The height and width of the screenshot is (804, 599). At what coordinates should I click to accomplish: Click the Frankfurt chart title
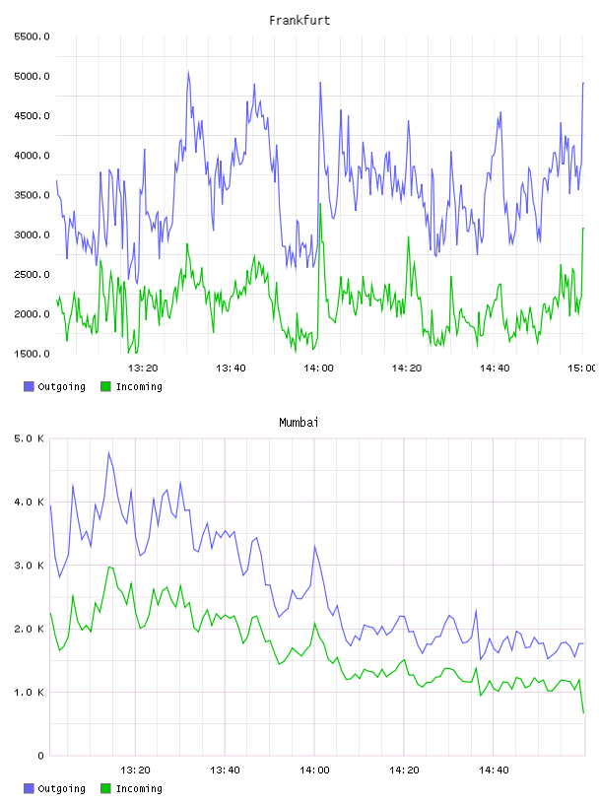[x=299, y=20]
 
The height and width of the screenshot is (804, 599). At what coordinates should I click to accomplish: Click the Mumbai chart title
[x=299, y=422]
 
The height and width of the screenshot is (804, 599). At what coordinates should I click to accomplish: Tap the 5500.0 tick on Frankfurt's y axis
[x=32, y=36]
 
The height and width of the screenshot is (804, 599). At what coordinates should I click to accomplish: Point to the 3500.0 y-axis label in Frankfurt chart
[x=32, y=195]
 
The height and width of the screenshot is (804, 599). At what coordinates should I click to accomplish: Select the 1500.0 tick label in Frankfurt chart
[x=32, y=354]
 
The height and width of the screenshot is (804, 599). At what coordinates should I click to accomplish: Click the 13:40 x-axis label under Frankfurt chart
[x=231, y=368]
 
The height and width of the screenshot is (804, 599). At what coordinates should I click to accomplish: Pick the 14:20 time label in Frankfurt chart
[x=407, y=368]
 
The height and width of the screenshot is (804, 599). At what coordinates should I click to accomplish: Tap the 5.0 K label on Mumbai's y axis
[x=29, y=438]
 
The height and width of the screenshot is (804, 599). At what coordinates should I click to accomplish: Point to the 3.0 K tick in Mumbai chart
[x=29, y=565]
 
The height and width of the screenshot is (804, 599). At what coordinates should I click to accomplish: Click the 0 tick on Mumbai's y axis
[x=40, y=756]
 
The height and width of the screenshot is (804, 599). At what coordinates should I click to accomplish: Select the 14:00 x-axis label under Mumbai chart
[x=314, y=770]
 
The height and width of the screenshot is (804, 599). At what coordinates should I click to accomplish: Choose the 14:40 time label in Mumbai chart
[x=494, y=770]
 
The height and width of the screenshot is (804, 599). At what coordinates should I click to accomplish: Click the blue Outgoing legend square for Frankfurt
[x=29, y=386]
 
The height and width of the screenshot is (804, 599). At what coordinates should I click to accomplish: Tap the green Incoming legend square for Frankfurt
[x=105, y=386]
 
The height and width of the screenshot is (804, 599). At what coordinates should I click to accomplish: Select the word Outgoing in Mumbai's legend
[x=61, y=788]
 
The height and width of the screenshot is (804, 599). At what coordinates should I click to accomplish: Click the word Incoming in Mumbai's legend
[x=139, y=788]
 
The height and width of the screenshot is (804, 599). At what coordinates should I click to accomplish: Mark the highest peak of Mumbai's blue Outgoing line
[x=108, y=452]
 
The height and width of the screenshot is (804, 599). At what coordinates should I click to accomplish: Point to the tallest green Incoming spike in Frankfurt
[x=320, y=204]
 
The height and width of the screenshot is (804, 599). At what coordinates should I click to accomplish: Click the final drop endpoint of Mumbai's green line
[x=583, y=712]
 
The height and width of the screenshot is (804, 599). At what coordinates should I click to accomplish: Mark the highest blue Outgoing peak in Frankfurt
[x=188, y=72]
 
